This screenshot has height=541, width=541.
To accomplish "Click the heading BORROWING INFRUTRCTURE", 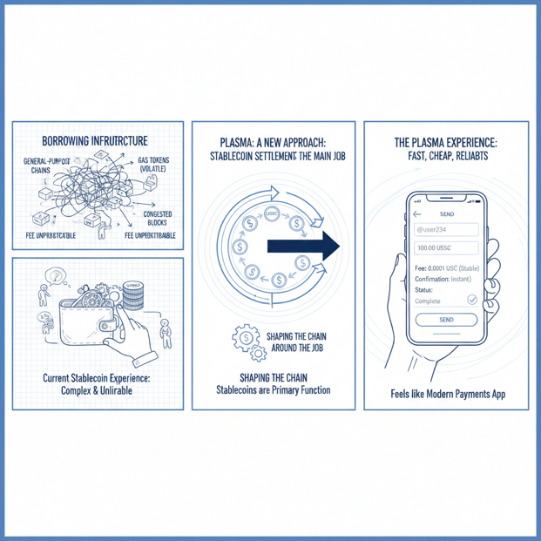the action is point(95,141).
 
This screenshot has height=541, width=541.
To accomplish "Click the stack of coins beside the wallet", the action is point(132,297).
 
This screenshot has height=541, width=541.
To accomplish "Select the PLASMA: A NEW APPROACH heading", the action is point(271,140).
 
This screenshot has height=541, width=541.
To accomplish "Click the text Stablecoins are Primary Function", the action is point(273,389).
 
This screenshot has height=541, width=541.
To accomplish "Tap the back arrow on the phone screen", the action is point(417,213).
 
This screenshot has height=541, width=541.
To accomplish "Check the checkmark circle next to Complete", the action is point(472,300).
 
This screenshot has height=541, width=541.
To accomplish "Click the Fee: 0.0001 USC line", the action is point(444,267).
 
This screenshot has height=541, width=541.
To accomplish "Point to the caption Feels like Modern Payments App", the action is point(448,394).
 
